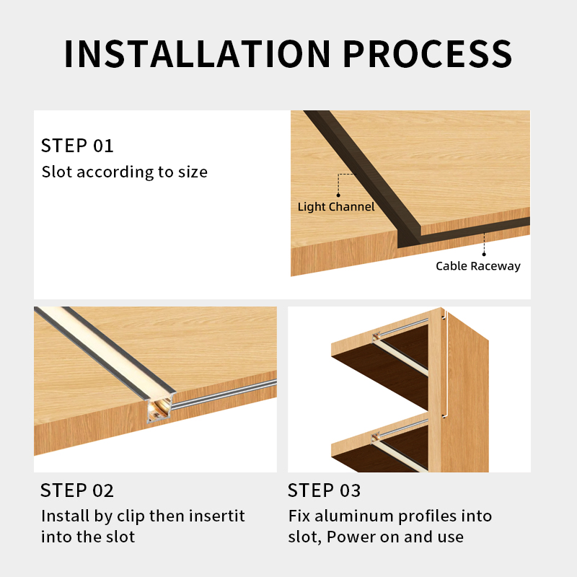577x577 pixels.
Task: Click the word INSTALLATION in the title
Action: click(196, 53)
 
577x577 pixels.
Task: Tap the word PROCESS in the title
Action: click(427, 53)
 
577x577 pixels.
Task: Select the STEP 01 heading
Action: click(77, 146)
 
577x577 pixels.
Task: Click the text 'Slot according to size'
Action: click(124, 172)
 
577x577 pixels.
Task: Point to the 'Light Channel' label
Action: click(336, 207)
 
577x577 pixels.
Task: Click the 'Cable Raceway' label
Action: click(477, 266)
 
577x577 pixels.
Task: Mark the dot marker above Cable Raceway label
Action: click(484, 253)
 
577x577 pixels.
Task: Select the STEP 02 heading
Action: click(77, 491)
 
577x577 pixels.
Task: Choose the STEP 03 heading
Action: click(324, 491)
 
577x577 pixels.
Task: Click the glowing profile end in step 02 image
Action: click(158, 411)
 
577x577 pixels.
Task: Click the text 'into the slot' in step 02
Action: click(87, 537)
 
